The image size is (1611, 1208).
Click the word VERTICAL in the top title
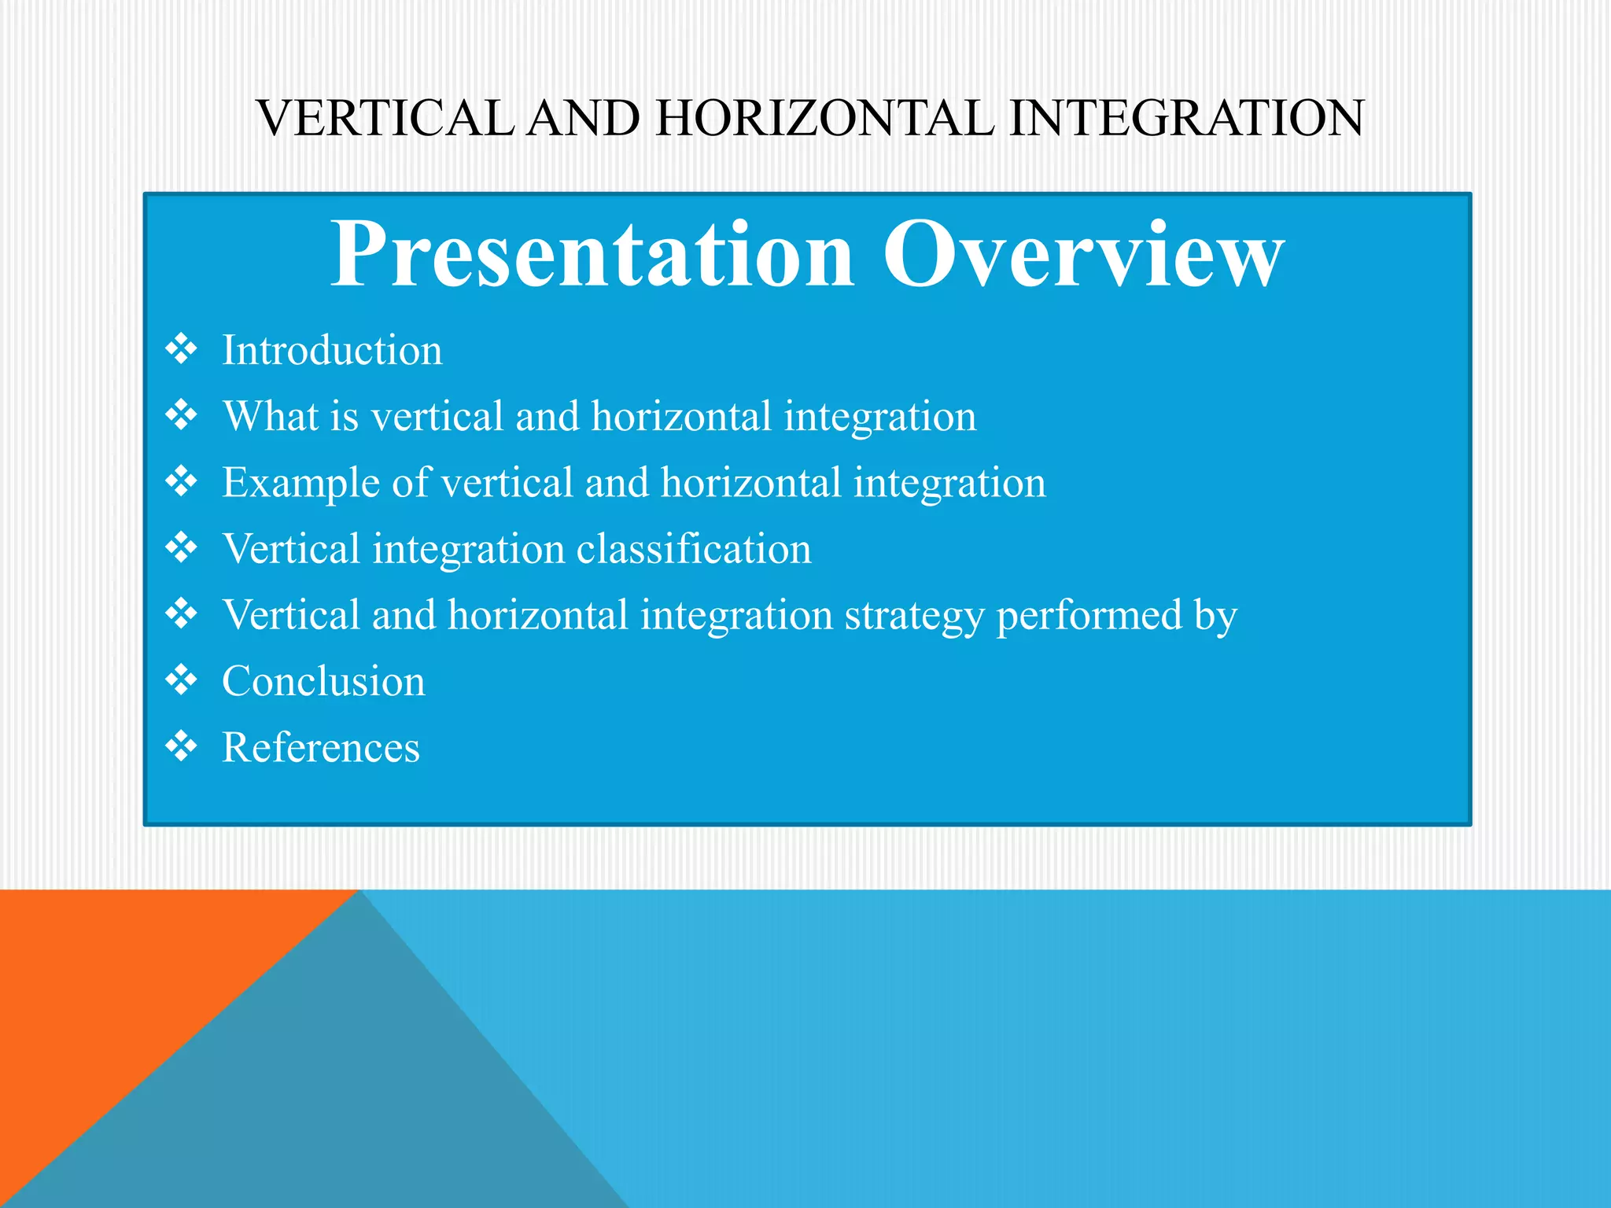[385, 119]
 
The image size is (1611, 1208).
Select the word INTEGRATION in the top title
[1186, 119]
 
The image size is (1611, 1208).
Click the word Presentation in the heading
[592, 256]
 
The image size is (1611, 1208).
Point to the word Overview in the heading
[1083, 256]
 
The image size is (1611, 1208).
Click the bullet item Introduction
[332, 351]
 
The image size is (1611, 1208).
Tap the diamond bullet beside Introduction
[182, 348]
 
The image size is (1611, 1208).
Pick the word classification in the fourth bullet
[694, 549]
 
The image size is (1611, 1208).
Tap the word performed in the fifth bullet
[1089, 616]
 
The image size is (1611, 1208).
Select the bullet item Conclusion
[323, 681]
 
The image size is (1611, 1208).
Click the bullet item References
[321, 748]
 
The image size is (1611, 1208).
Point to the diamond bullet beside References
[182, 746]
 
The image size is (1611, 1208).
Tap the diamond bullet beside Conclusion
[182, 679]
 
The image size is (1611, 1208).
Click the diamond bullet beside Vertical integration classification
[182, 547]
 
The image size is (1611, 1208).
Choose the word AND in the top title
[583, 119]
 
